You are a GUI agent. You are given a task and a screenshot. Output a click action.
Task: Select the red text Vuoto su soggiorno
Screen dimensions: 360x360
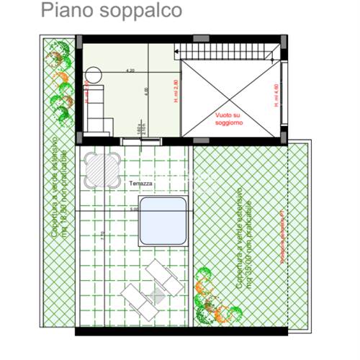[229, 119]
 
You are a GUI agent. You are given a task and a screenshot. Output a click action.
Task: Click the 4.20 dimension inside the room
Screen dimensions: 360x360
[130, 71]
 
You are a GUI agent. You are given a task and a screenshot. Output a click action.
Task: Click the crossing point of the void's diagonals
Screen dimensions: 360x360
[229, 97]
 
